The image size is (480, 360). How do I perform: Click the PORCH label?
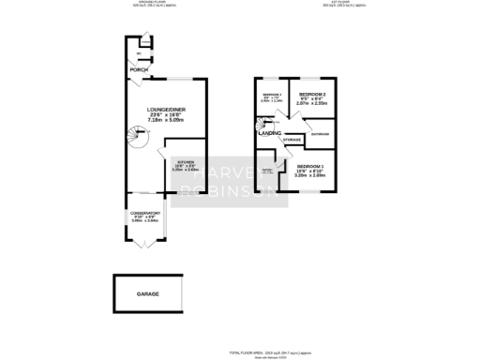(140, 71)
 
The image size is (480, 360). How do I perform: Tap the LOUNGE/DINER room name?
(149, 109)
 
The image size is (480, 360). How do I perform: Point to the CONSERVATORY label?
(143, 214)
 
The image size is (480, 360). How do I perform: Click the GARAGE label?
(148, 293)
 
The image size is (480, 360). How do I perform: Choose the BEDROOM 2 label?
(312, 96)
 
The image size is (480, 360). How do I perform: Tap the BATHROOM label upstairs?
(320, 135)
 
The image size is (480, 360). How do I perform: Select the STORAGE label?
(292, 140)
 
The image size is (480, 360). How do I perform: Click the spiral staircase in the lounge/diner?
(138, 140)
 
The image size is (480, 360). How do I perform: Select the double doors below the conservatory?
(143, 243)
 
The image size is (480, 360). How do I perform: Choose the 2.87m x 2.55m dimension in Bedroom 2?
(312, 108)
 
